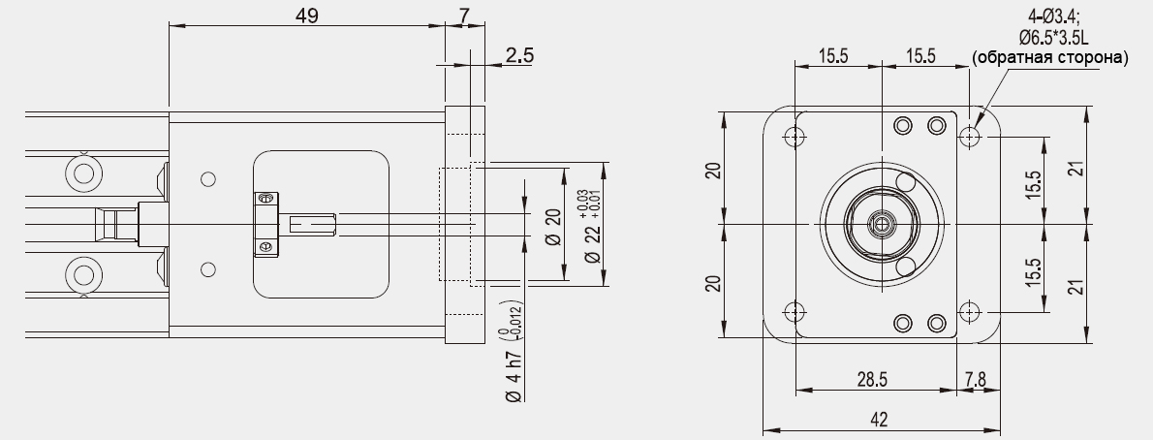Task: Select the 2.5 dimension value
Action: [519, 55]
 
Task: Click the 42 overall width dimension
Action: [878, 420]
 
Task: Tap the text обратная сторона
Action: [1050, 58]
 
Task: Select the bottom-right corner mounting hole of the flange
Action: [970, 312]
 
